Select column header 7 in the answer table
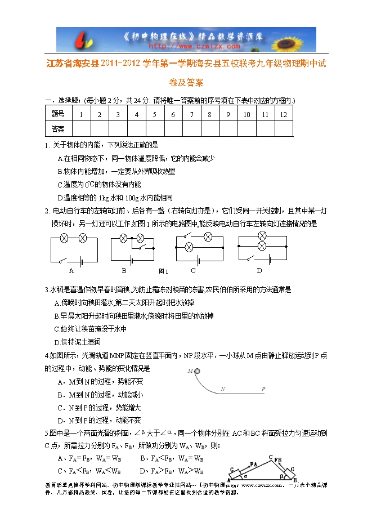(x=191, y=114)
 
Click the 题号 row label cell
(x=58, y=114)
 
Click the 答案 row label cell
(x=58, y=129)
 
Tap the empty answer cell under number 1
(x=82, y=129)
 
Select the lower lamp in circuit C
(x=190, y=246)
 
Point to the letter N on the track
(x=223, y=388)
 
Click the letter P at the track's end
(x=263, y=388)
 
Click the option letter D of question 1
(x=60, y=198)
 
